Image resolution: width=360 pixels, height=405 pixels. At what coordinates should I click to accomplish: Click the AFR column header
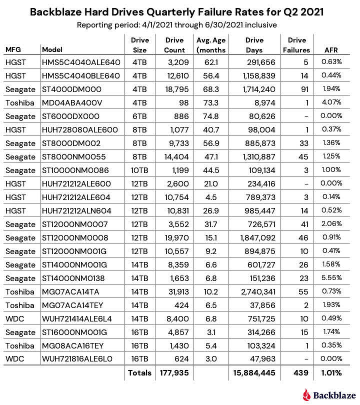click(331, 49)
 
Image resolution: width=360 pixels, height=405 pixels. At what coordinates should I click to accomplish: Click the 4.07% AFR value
click(331, 102)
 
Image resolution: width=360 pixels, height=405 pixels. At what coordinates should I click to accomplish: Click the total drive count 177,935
click(174, 372)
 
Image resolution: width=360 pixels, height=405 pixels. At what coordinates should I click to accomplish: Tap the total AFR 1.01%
click(330, 372)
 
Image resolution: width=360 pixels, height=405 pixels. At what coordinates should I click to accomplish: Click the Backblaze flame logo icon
click(307, 394)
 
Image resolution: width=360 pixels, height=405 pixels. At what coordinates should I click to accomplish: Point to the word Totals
click(139, 372)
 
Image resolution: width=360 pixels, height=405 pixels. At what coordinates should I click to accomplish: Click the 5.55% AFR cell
click(331, 278)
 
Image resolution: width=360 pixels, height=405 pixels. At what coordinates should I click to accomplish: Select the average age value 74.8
click(205, 116)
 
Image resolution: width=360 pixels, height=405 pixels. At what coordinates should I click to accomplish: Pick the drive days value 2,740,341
click(255, 291)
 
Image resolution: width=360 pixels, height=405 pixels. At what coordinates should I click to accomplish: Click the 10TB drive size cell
click(139, 170)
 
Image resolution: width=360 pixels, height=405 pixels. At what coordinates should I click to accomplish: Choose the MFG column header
click(14, 49)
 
